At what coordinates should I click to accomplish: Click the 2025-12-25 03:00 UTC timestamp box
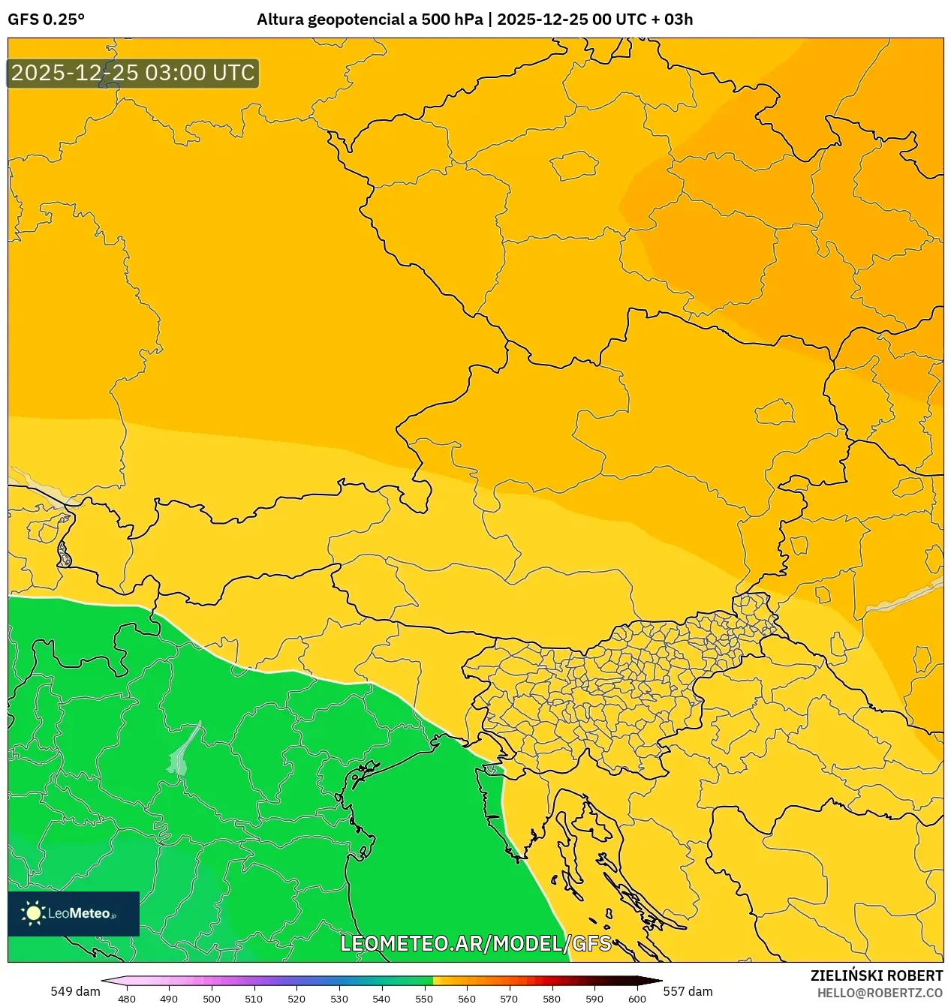(x=133, y=73)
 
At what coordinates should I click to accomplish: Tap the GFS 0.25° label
(x=46, y=20)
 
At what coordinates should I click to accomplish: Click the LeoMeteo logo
(x=74, y=913)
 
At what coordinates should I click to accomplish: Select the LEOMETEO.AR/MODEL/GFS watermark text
(x=476, y=943)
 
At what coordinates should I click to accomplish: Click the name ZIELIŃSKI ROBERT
(x=876, y=975)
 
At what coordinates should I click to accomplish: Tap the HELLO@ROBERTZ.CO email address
(x=880, y=993)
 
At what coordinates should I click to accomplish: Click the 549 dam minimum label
(x=75, y=991)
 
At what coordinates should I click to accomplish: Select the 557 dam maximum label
(x=688, y=991)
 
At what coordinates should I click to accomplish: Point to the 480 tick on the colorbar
(x=127, y=998)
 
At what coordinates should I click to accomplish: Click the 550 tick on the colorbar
(x=424, y=998)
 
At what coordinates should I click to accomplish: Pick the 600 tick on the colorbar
(x=637, y=998)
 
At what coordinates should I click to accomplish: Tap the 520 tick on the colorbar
(x=296, y=998)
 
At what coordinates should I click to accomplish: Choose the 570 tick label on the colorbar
(x=509, y=998)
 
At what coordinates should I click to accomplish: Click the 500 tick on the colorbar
(x=212, y=998)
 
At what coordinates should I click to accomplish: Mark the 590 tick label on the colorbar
(x=594, y=998)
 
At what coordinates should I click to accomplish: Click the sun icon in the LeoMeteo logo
(x=33, y=912)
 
